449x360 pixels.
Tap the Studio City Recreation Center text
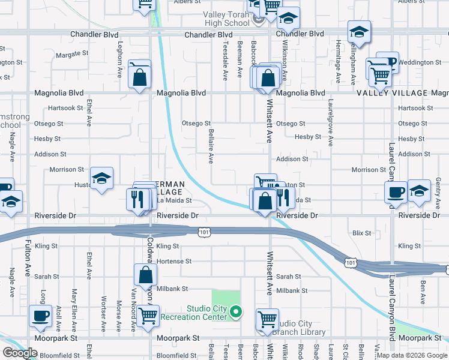point(208,313)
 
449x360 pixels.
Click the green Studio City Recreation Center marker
point(237,311)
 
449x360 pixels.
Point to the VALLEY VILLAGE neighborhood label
point(391,93)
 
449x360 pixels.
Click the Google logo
point(20,352)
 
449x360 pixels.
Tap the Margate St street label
point(72,54)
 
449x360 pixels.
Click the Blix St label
point(362,232)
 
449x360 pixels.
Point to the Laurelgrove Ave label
point(330,122)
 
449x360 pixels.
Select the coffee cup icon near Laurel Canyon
point(396,193)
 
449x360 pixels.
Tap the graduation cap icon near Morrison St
point(101,178)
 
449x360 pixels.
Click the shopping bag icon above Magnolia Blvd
point(140,77)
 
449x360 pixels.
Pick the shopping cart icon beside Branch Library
point(267,319)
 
